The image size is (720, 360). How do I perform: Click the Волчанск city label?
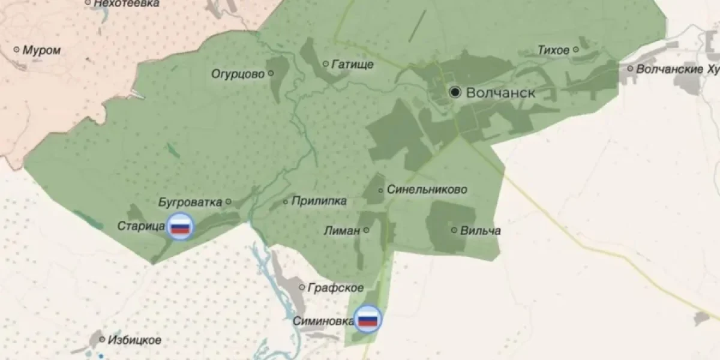[500, 92]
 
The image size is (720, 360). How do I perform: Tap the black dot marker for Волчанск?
[455, 92]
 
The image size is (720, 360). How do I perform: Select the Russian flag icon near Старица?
[180, 227]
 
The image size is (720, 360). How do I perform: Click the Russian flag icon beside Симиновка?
[367, 319]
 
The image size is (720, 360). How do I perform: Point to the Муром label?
[41, 50]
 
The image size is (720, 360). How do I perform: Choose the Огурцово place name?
[238, 74]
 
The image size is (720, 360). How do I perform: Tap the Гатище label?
[352, 64]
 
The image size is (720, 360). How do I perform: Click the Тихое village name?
[553, 50]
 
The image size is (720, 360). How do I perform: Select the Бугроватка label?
[190, 202]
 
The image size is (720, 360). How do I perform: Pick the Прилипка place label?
[319, 202]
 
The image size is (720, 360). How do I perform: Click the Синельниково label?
[427, 190]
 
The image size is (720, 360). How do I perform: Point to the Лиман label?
[342, 230]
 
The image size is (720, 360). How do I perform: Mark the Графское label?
[335, 288]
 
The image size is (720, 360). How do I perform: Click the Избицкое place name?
[134, 340]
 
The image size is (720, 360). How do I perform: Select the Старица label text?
[141, 226]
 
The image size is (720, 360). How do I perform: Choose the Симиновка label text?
[323, 320]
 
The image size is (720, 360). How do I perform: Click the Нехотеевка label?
[127, 4]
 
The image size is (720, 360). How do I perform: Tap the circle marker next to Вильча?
[454, 230]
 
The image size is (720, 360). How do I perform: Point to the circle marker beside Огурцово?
[271, 73]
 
